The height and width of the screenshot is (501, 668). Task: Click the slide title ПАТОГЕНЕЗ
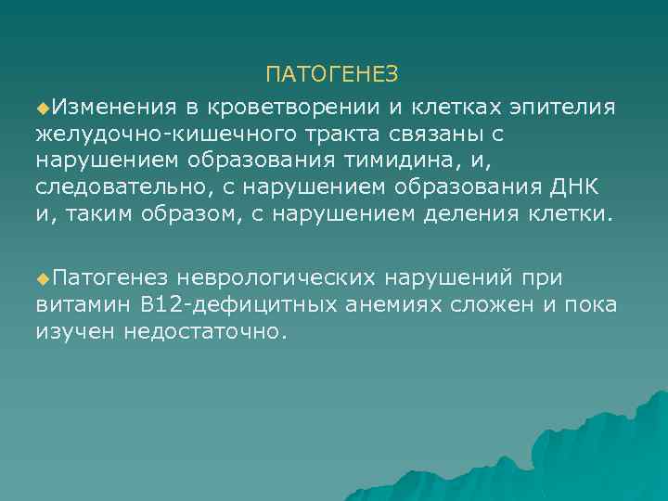pos(331,74)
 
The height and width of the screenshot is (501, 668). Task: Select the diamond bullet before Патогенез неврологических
pos(44,277)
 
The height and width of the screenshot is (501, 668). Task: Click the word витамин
pos(85,305)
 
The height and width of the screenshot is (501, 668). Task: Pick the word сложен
pos(491,305)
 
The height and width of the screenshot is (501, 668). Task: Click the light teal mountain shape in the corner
pos(594,455)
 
